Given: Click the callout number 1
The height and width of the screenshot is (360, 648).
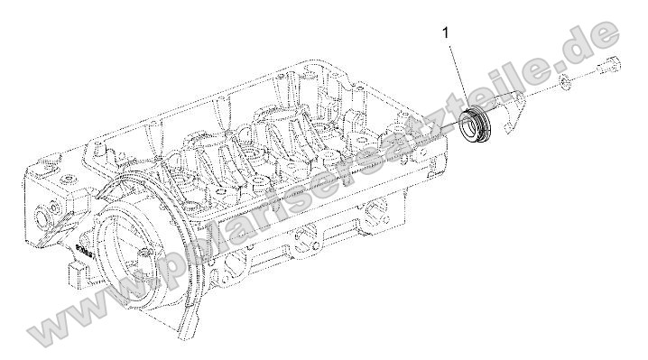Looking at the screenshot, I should [445, 34].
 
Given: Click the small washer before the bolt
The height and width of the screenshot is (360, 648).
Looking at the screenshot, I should [563, 84].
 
